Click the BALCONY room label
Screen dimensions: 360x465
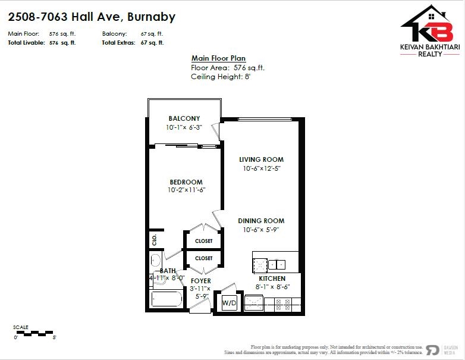coord(184,118)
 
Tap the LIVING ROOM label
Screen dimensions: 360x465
coord(261,159)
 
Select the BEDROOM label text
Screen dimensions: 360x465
coord(186,182)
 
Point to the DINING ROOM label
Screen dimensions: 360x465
coord(261,220)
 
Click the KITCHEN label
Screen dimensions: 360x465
coord(272,278)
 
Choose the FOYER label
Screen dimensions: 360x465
coord(201,281)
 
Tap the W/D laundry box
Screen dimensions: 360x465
coord(228,303)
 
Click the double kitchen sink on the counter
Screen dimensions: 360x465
coord(277,264)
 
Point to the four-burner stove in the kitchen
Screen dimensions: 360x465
coord(284,304)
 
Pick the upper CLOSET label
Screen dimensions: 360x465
coord(203,241)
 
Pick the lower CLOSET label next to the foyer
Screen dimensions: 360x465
coord(203,258)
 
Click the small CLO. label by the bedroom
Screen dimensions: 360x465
coord(155,239)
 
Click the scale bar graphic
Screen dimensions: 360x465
coord(34,332)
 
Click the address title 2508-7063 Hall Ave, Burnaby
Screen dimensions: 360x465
coord(92,17)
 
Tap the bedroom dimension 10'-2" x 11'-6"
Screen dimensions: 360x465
coord(186,190)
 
